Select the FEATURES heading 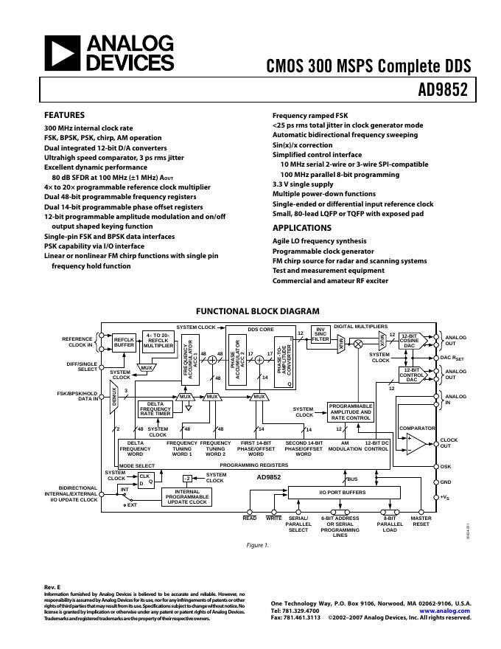pyautogui.click(x=64, y=115)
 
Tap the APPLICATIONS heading pyautogui.click(x=302, y=228)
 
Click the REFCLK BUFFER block pyautogui.click(x=124, y=342)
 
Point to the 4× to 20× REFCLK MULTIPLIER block pyautogui.click(x=158, y=340)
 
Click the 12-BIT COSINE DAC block pyautogui.click(x=410, y=341)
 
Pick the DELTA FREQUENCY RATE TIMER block pyautogui.click(x=155, y=409)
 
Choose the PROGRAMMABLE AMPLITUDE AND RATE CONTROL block pyautogui.click(x=350, y=412)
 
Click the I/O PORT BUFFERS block pyautogui.click(x=342, y=492)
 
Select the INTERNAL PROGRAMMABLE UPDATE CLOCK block pyautogui.click(x=187, y=497)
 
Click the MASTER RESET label pyautogui.click(x=421, y=521)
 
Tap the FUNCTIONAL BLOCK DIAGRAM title pyautogui.click(x=257, y=311)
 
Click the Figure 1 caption pyautogui.click(x=257, y=545)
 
